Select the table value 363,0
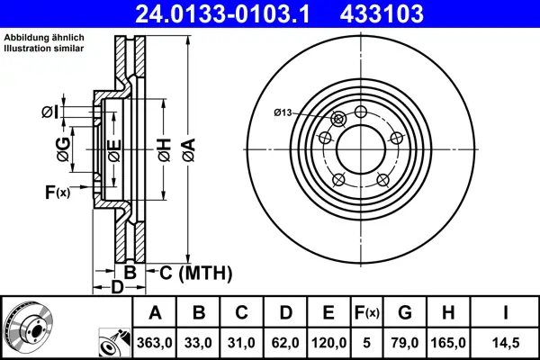point(155,342)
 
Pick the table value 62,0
point(286,342)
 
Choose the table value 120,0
point(329,342)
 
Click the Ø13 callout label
point(283,112)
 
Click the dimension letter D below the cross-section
point(116,288)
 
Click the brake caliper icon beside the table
point(112,343)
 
